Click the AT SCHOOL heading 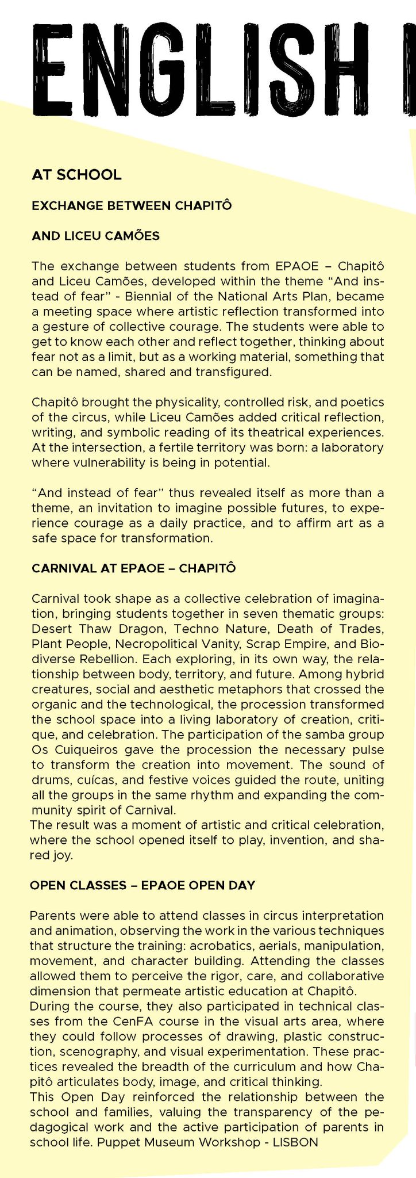(76, 175)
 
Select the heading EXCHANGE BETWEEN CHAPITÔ (132, 205)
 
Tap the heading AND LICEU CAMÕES (96, 235)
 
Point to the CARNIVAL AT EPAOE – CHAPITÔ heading (133, 568)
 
